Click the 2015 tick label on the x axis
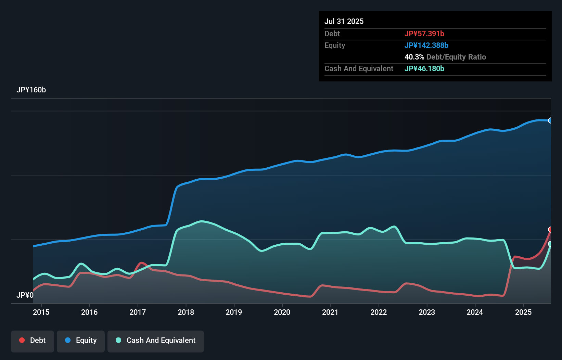pyautogui.click(x=41, y=312)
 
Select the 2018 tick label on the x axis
pyautogui.click(x=186, y=312)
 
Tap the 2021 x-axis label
pyautogui.click(x=330, y=312)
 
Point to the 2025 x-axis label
pyautogui.click(x=523, y=312)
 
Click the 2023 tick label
pyautogui.click(x=427, y=312)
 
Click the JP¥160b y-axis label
pyautogui.click(x=31, y=90)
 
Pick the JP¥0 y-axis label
pyautogui.click(x=25, y=295)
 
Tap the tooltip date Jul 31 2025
pyautogui.click(x=344, y=21)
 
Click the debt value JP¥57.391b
pyautogui.click(x=424, y=34)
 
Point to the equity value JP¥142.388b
pyautogui.click(x=426, y=45)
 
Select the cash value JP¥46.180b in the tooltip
pyautogui.click(x=424, y=68)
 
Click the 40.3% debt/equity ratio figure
pyautogui.click(x=414, y=57)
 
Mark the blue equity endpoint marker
pyautogui.click(x=550, y=120)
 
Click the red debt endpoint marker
pyautogui.click(x=550, y=229)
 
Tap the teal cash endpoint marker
pyautogui.click(x=550, y=244)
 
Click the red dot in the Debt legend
pyautogui.click(x=22, y=340)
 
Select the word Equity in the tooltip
pyautogui.click(x=335, y=45)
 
